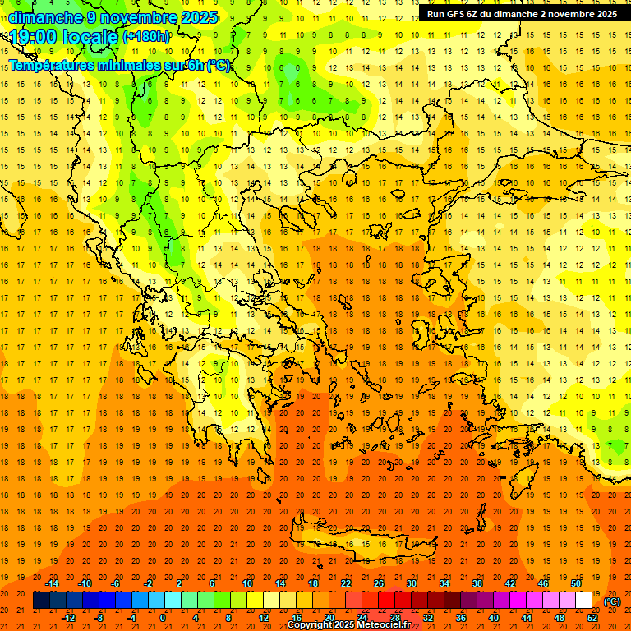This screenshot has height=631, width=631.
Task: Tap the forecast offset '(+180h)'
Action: tap(146, 36)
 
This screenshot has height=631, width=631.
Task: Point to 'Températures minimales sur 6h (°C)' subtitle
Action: tap(119, 66)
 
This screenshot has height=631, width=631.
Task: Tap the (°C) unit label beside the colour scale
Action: tap(612, 601)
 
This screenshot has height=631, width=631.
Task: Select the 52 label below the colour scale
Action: tap(592, 618)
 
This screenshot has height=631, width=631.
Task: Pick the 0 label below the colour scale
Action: tap(163, 618)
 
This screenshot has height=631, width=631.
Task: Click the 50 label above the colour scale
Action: tap(576, 583)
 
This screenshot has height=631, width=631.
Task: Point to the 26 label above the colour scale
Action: tap(379, 583)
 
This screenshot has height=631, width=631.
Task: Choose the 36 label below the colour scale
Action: tap(461, 618)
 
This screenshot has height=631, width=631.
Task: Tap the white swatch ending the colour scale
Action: tap(584, 601)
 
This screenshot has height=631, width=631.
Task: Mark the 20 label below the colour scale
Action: tap(329, 618)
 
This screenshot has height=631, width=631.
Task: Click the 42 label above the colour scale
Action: tap(510, 583)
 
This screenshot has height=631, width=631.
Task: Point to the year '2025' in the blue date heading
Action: tap(196, 17)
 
